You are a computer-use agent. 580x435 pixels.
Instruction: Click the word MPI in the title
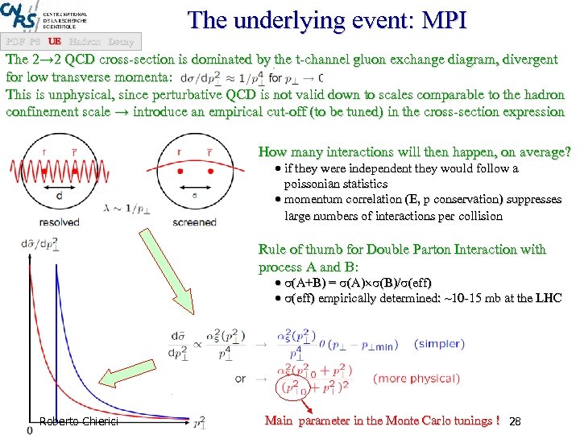pyautogui.click(x=440, y=20)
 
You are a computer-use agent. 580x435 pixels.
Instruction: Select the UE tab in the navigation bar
pyautogui.click(x=55, y=40)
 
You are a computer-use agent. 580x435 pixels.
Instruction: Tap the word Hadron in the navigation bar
pyautogui.click(x=85, y=40)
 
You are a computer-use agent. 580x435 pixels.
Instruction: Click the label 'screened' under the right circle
pyautogui.click(x=195, y=222)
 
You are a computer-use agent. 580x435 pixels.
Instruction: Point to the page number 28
pyautogui.click(x=517, y=421)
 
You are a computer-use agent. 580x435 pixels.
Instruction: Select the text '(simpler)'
pyautogui.click(x=438, y=343)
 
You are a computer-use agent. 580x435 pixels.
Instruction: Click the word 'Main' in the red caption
pyautogui.click(x=280, y=420)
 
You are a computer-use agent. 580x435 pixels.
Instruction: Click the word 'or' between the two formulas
pyautogui.click(x=241, y=378)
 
